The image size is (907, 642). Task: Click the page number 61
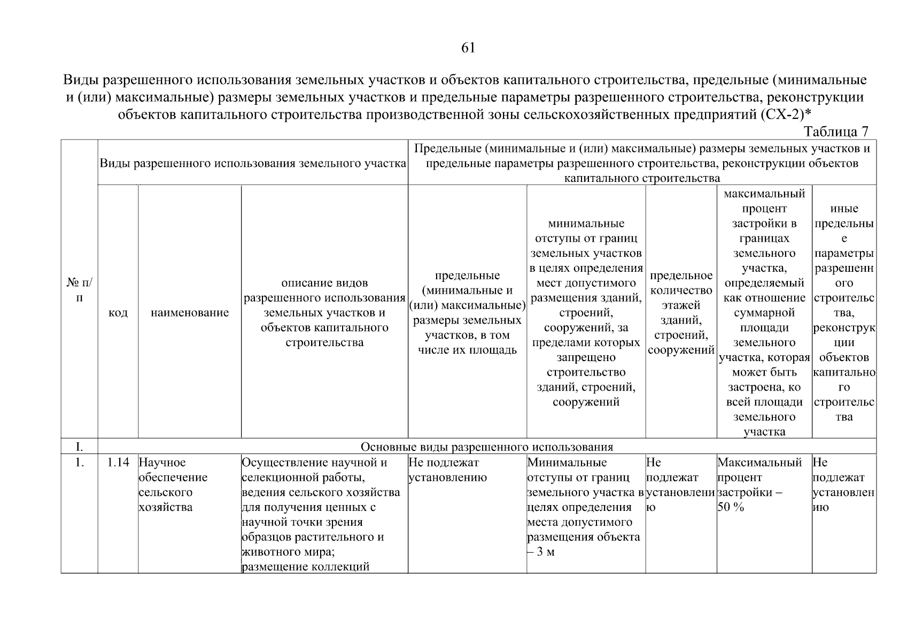point(468,48)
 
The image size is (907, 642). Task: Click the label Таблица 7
point(836,132)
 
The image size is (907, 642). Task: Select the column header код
point(118,312)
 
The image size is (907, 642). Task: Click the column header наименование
point(190,312)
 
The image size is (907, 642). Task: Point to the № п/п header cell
point(79,289)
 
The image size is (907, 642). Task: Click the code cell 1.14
point(118,462)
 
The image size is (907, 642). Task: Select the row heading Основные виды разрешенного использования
point(486,447)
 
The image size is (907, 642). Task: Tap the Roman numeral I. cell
point(79,447)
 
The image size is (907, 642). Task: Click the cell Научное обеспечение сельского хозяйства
point(173,485)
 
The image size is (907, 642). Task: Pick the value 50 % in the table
point(731,507)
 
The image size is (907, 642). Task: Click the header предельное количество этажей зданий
point(681,312)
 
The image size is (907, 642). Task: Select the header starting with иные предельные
point(844,312)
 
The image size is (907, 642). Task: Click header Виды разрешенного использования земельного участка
point(253,163)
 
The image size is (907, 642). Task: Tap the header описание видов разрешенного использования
point(324,312)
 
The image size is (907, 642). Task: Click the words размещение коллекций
point(305,567)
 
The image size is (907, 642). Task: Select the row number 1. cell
point(79,462)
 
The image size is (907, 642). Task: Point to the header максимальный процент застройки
point(764,312)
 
